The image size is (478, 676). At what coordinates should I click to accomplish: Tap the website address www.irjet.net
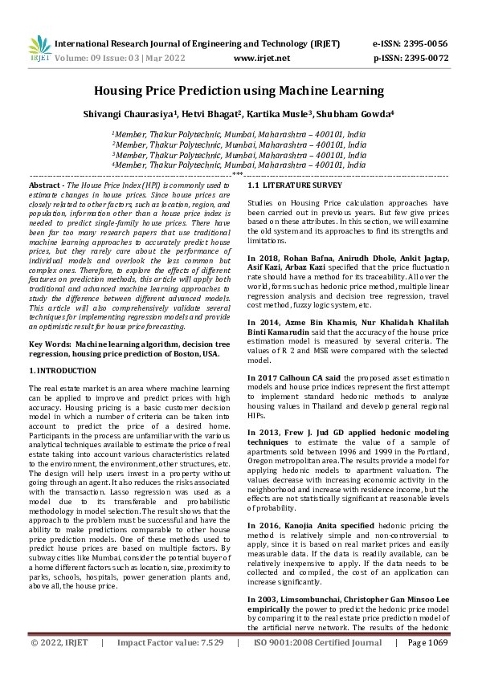pos(261,58)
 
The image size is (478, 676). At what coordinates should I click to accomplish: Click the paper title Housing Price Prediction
pos(239,92)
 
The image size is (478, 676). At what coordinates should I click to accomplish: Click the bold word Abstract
pos(45,185)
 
